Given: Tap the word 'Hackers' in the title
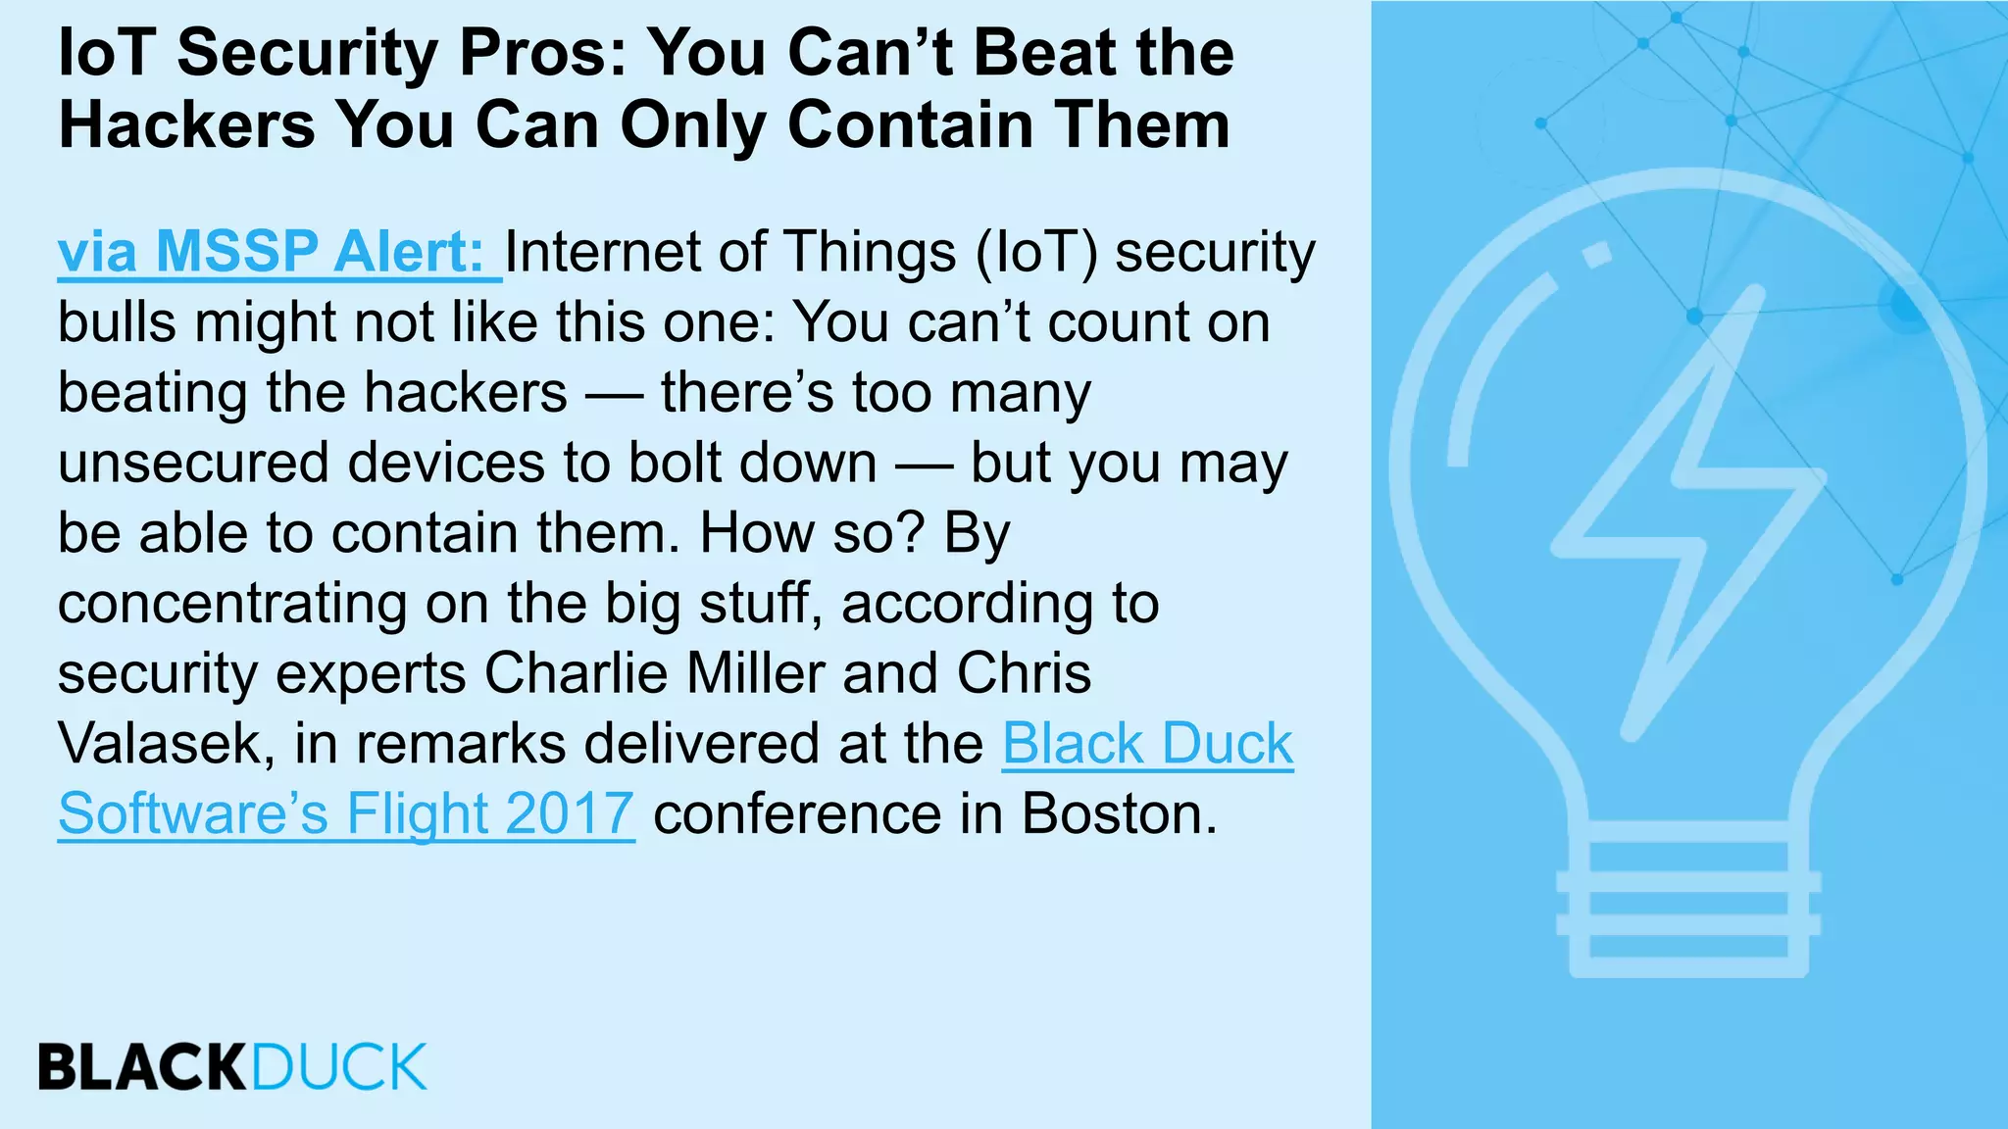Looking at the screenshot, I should [186, 125].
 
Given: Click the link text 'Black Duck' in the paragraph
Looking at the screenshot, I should [1147, 743].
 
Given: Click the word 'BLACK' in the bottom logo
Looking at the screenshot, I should [143, 1067].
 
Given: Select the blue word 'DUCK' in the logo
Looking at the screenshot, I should [339, 1067].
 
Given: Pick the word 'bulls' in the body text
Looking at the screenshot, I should [117, 321].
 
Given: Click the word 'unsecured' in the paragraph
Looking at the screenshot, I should [192, 463].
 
